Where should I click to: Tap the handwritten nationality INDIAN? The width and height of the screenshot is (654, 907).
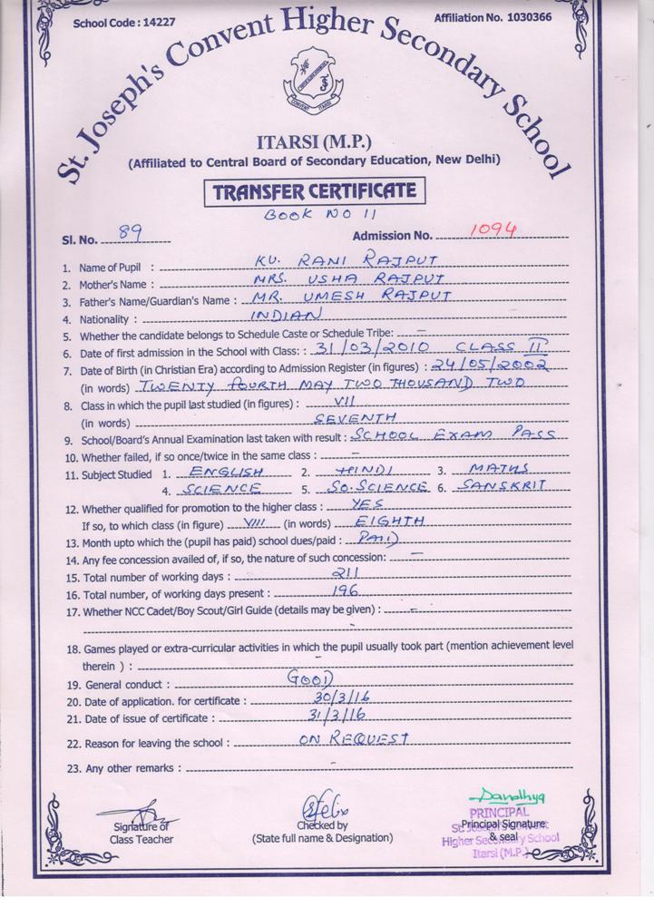click(286, 314)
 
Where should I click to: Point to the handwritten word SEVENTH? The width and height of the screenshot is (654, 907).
click(355, 417)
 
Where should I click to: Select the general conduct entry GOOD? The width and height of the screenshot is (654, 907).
click(310, 678)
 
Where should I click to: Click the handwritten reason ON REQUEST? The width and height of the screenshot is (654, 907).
click(355, 738)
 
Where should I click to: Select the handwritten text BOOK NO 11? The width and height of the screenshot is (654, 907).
click(312, 215)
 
